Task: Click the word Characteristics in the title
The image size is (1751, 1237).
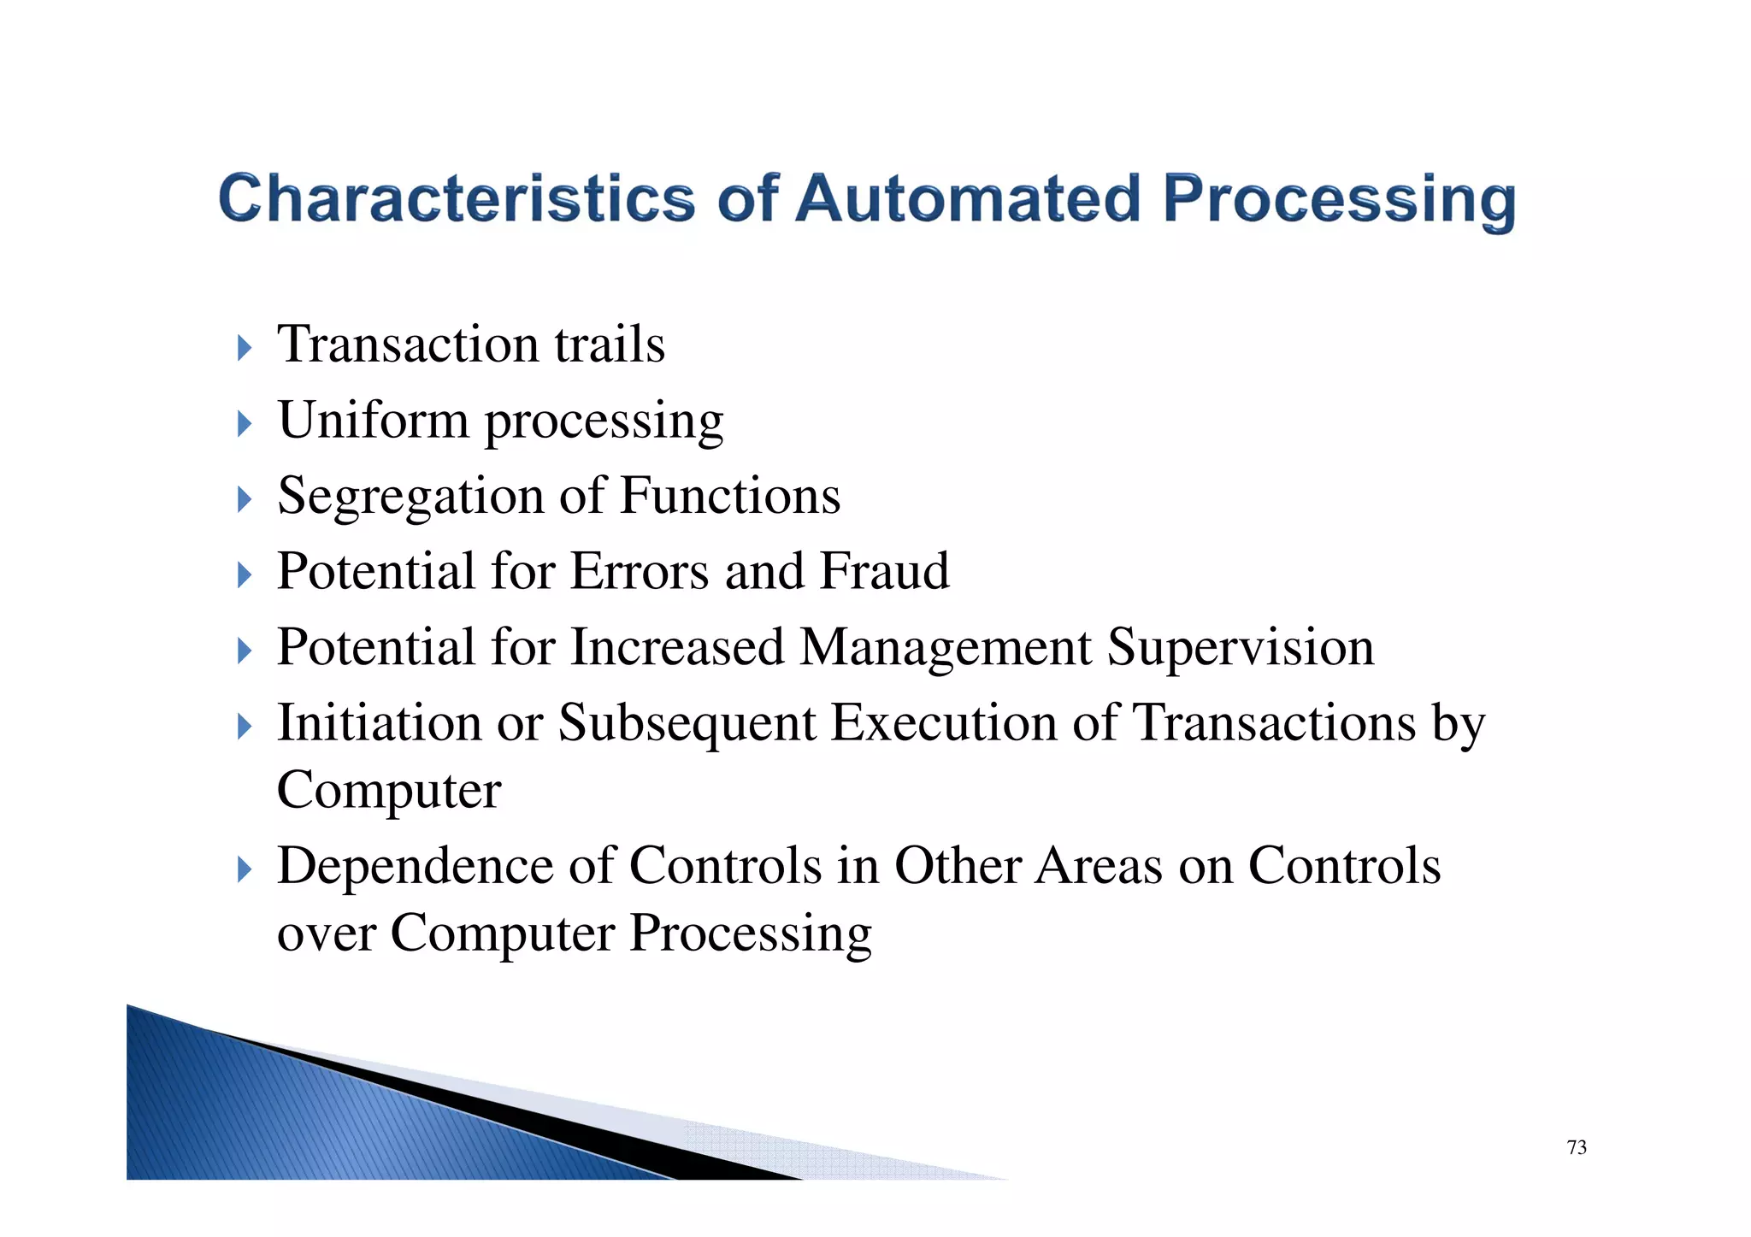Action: tap(457, 198)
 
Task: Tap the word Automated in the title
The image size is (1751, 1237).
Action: tap(968, 198)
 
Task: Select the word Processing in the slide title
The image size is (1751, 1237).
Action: tap(1339, 200)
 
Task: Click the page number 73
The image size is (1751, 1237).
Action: tap(1577, 1147)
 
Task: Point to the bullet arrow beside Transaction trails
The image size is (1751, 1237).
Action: tap(245, 348)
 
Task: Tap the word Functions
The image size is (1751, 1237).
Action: tap(729, 496)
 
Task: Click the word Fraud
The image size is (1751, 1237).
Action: tap(884, 571)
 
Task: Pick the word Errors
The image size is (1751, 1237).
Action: tap(639, 571)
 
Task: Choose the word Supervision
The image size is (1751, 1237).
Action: tap(1241, 649)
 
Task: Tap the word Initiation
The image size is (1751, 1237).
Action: tap(379, 723)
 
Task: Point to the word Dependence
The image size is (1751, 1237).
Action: tap(415, 866)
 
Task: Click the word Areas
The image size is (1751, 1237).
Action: tap(1099, 866)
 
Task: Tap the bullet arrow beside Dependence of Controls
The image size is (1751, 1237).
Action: tap(245, 871)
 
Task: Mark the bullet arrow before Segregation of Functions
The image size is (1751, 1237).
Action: tap(245, 499)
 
